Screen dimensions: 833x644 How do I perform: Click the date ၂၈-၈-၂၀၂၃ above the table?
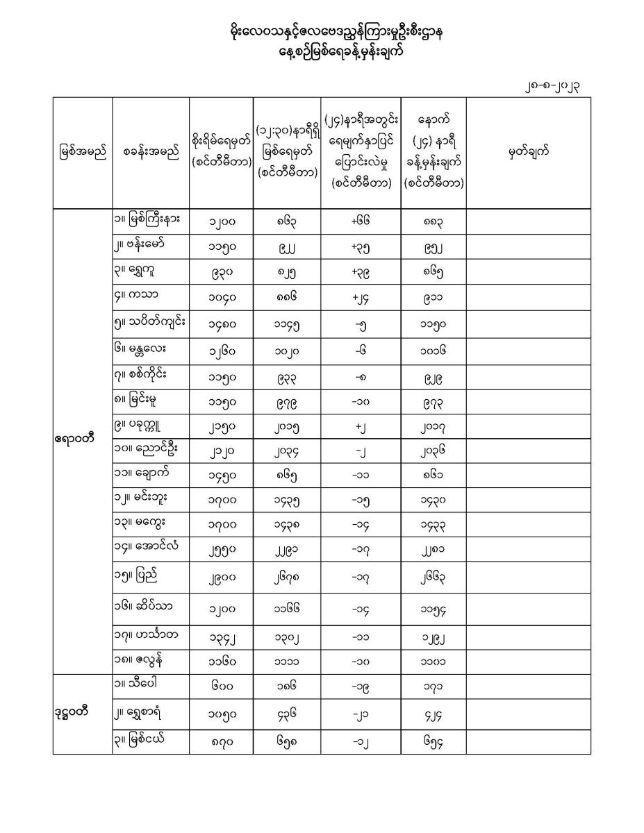554,86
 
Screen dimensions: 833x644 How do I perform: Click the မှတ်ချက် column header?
529,152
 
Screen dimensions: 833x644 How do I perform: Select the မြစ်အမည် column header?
82,152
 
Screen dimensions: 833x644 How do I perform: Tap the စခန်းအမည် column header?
150,152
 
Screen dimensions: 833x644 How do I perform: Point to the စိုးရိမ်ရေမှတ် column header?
221,152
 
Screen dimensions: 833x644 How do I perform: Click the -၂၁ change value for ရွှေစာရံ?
360,714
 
